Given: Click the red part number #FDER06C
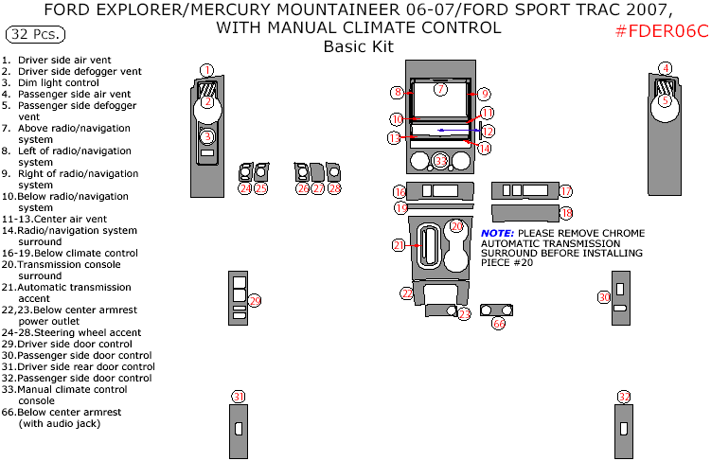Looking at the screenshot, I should click(661, 31).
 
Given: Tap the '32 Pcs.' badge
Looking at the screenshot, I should click(36, 35).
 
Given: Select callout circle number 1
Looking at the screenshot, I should click(207, 69).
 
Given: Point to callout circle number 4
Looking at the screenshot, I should click(666, 68).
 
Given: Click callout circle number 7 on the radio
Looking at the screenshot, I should click(440, 89).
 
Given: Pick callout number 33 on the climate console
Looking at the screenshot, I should click(441, 162).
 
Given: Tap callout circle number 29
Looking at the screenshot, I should click(255, 300).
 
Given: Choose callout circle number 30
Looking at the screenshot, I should click(604, 297).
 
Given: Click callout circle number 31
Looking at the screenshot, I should click(239, 397).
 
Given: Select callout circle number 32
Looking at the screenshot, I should click(623, 397).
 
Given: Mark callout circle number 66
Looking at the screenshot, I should click(498, 323).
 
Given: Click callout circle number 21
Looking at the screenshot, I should click(400, 246).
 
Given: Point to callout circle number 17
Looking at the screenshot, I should click(565, 191).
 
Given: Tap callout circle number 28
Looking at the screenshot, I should click(334, 188).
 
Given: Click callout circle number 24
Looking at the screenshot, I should click(244, 188).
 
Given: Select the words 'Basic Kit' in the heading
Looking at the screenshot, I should click(358, 46).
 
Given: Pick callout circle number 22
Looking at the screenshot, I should click(407, 294).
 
